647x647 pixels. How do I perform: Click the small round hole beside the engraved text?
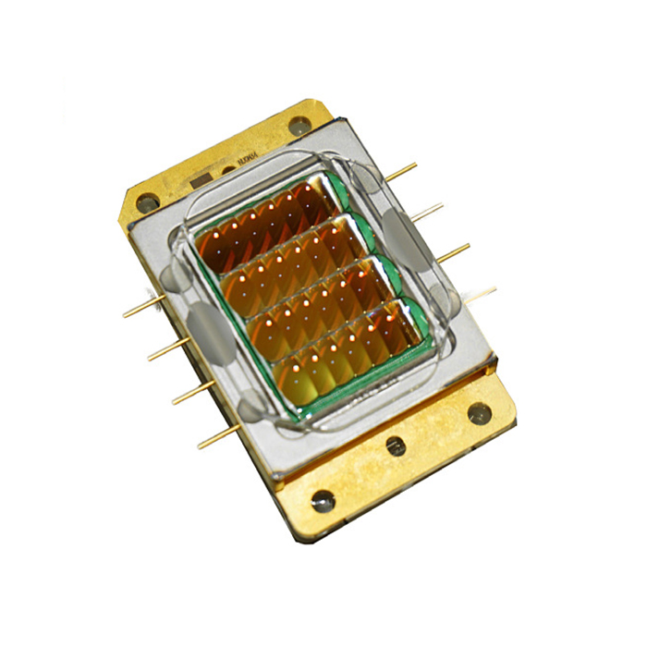(x=227, y=169)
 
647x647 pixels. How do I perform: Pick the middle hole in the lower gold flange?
(x=395, y=446)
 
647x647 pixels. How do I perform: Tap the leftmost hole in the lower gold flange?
(x=323, y=501)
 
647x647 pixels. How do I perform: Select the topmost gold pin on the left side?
(x=143, y=307)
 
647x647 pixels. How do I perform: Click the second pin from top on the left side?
(x=166, y=348)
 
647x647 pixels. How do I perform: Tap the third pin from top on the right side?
(x=453, y=252)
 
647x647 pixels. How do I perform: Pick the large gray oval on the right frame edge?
(x=405, y=235)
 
